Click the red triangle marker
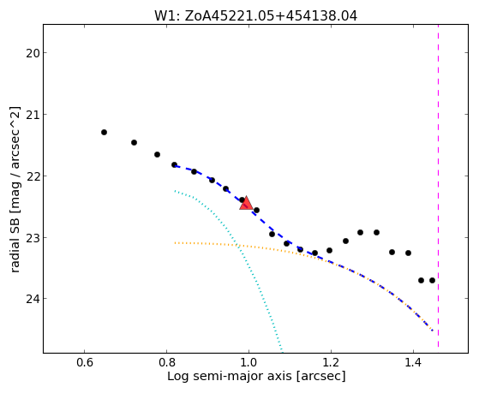(246, 204)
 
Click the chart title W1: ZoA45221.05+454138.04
(255, 16)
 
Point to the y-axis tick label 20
(33, 53)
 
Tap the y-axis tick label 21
(33, 115)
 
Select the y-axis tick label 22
(33, 176)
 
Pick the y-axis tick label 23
(33, 238)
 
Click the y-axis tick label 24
(33, 299)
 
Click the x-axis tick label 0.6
(84, 363)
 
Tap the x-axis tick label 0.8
(166, 363)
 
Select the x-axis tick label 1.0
(248, 363)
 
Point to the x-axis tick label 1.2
(331, 363)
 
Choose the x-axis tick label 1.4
(413, 363)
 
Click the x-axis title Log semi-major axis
(230, 377)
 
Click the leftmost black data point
(105, 132)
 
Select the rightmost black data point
(432, 280)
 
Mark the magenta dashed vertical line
(439, 186)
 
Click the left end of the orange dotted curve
(175, 243)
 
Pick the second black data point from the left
(135, 143)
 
